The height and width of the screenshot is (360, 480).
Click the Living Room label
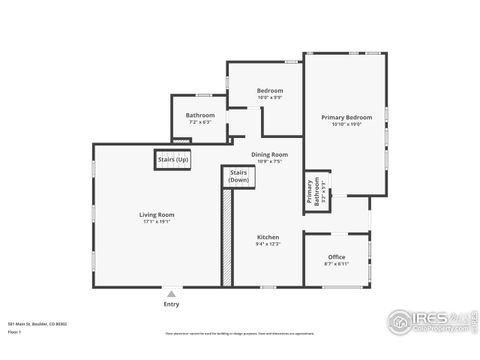click(x=156, y=215)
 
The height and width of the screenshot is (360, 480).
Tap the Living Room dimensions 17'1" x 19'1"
click(x=156, y=222)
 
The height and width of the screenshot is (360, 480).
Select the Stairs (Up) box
click(x=172, y=159)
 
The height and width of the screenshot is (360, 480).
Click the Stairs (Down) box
click(x=239, y=176)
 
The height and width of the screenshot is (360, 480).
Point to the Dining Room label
click(x=269, y=154)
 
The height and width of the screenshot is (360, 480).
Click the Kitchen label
click(x=267, y=237)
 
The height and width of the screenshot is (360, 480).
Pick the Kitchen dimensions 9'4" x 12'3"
click(x=267, y=244)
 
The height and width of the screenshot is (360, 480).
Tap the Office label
click(x=336, y=257)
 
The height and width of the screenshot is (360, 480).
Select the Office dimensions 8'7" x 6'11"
click(x=336, y=264)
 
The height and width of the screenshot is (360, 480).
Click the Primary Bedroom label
click(x=346, y=118)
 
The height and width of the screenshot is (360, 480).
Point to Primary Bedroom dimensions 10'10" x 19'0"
click(x=346, y=125)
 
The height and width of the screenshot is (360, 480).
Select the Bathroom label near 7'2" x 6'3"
click(x=200, y=115)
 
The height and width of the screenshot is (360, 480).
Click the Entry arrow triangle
click(x=171, y=294)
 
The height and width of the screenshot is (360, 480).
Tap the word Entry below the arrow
click(x=171, y=304)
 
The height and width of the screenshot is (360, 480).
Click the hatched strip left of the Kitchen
click(x=227, y=235)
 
